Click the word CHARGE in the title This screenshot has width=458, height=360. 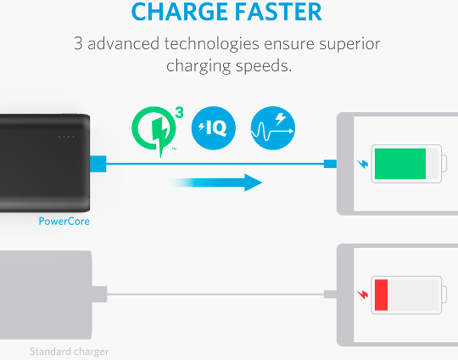[x=180, y=12]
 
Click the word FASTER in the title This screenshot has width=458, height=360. [x=278, y=12]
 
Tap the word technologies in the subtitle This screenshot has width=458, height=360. [x=212, y=44]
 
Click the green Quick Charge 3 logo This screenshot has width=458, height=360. [x=155, y=130]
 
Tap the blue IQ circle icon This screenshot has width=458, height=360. [x=214, y=128]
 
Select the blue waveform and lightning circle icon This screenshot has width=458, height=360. [x=273, y=128]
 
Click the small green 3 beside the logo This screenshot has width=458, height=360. [x=179, y=113]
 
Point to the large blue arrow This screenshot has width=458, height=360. [x=213, y=183]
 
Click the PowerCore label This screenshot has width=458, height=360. [x=64, y=222]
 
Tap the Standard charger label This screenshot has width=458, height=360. [x=70, y=352]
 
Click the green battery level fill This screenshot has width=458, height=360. [x=400, y=164]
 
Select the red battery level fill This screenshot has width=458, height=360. [x=381, y=295]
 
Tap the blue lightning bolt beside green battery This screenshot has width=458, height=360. [x=363, y=164]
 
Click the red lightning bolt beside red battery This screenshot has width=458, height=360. [x=363, y=295]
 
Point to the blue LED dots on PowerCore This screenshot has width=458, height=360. [x=66, y=137]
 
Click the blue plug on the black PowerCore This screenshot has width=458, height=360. [x=98, y=164]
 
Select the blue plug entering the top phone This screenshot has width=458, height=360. [x=331, y=164]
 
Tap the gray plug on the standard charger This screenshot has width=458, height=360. [x=99, y=295]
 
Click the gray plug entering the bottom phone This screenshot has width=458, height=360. [x=331, y=295]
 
